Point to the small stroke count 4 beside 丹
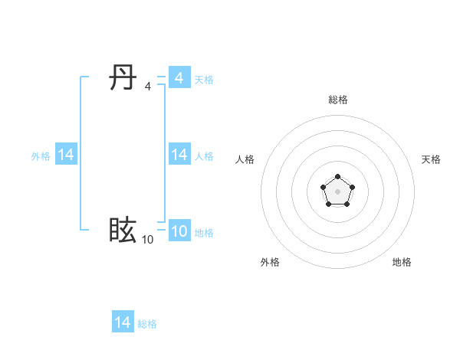click(147, 87)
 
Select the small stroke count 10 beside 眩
click(147, 240)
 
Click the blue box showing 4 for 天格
click(179, 78)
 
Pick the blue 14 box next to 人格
click(179, 155)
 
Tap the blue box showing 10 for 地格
click(179, 231)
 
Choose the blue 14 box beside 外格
click(66, 155)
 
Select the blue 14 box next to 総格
click(123, 322)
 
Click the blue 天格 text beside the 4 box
click(204, 80)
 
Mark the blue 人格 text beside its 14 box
click(204, 156)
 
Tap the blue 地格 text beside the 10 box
click(204, 233)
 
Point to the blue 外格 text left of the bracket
click(41, 156)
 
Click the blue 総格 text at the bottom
click(147, 324)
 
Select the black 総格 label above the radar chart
click(337, 100)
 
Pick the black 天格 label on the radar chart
click(431, 159)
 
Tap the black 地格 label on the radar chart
click(402, 262)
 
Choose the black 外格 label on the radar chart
click(270, 262)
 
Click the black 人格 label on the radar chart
click(245, 159)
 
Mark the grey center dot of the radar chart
click(337, 191)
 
